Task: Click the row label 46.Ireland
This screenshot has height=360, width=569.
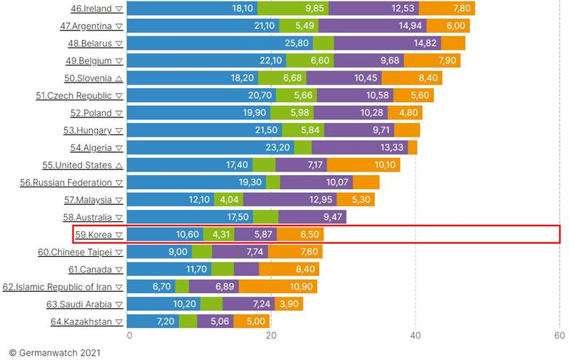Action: point(87,9)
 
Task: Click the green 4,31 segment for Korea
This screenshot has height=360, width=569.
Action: point(218,234)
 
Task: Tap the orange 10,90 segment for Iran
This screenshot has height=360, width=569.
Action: point(278,286)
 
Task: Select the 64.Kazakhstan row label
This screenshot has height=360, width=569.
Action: point(81,322)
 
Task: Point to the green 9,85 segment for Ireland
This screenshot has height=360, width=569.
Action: point(293,9)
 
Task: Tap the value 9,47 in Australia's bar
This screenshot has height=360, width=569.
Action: point(332,217)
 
